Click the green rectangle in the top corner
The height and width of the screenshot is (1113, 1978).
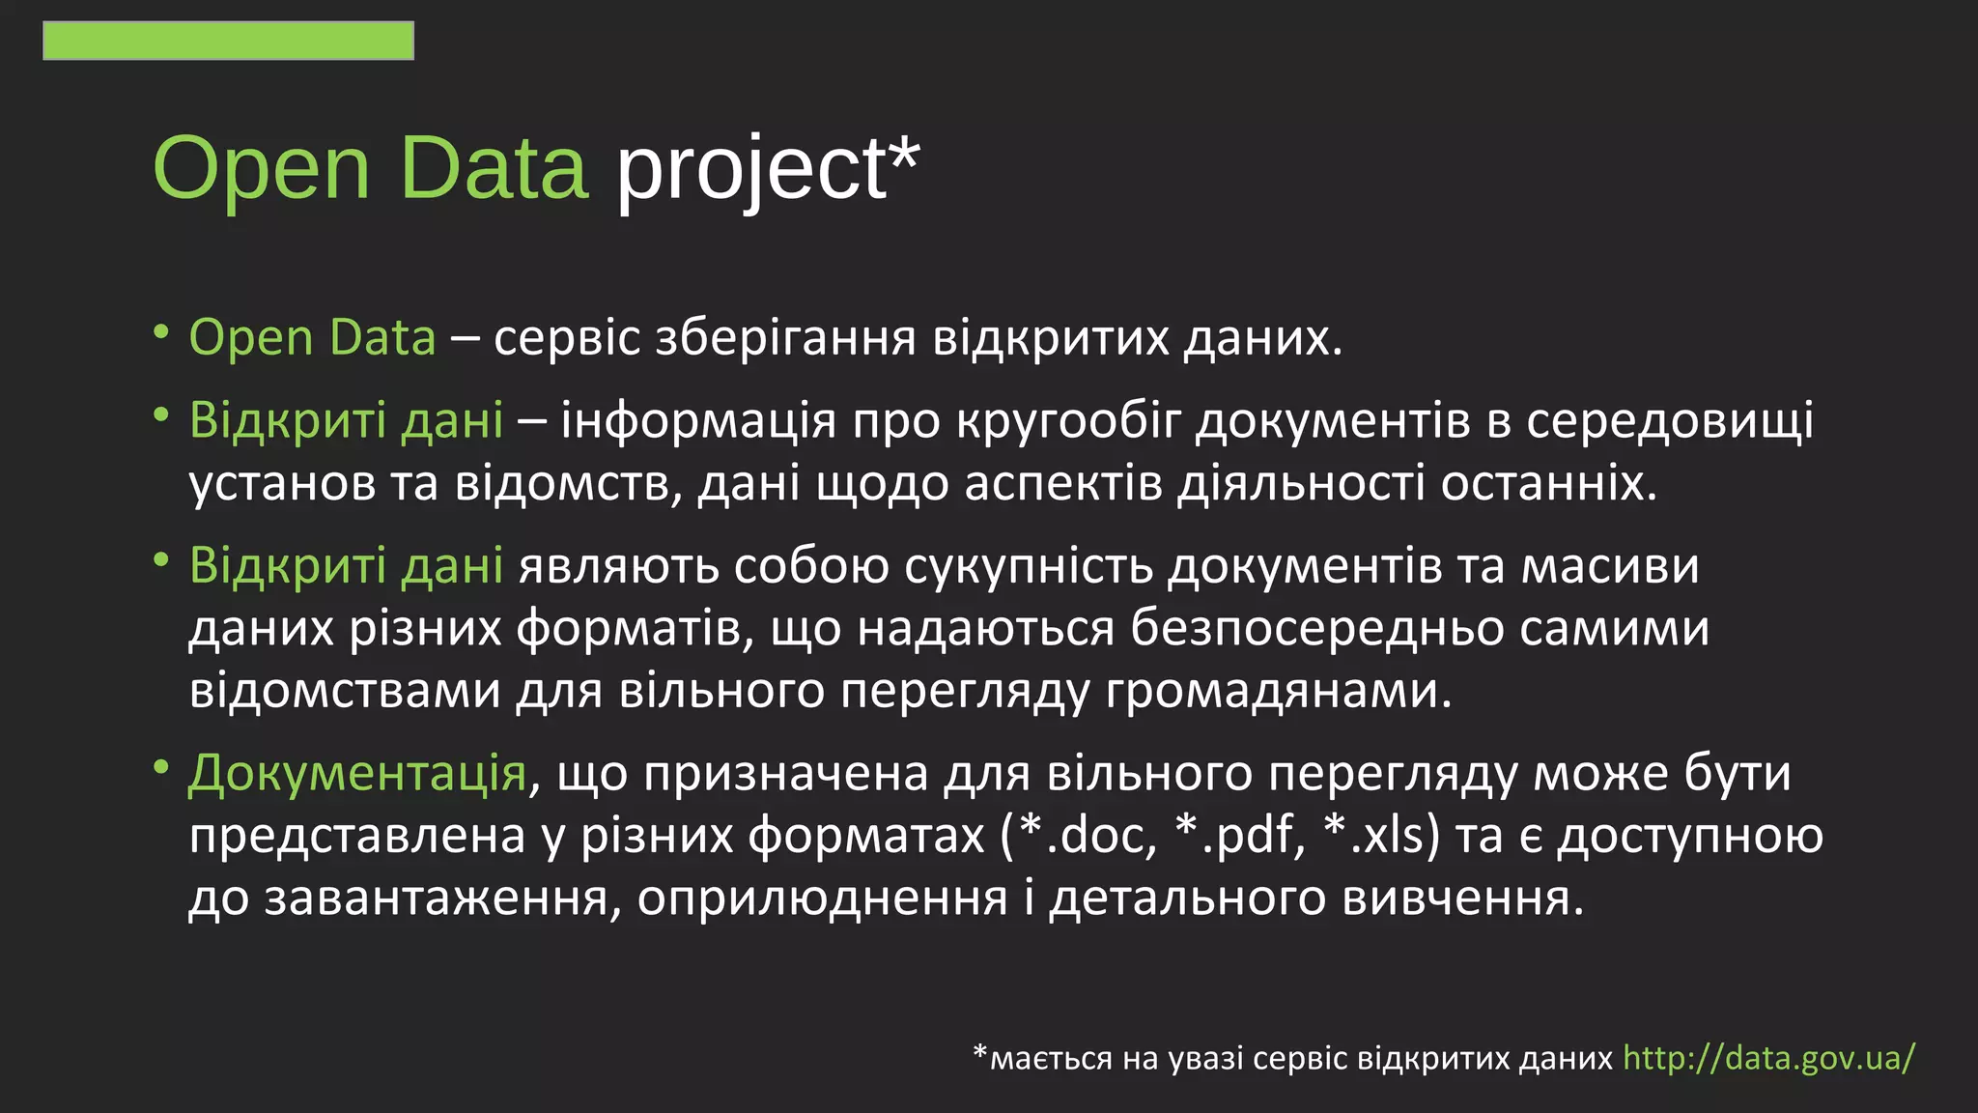[228, 41]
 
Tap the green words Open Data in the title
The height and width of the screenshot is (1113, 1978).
[371, 168]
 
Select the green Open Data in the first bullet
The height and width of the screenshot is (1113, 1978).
[312, 338]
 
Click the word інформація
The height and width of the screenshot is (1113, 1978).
[697, 421]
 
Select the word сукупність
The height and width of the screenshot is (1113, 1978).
[1029, 566]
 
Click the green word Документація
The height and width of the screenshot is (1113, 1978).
[357, 773]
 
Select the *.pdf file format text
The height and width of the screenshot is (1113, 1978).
[1238, 835]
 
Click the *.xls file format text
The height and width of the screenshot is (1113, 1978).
[1379, 835]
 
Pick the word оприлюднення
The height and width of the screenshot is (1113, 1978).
[822, 898]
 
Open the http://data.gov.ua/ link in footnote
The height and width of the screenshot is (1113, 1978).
[1767, 1058]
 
